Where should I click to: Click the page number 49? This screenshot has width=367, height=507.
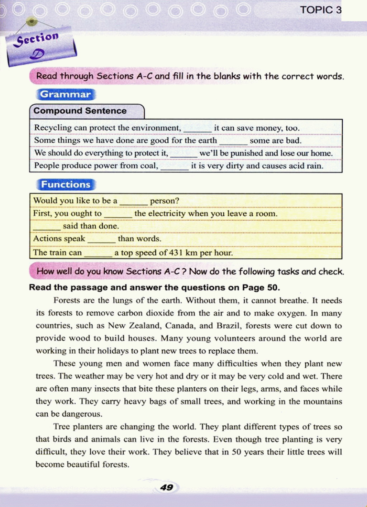click(167, 487)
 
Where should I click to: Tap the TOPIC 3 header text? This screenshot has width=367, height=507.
click(321, 10)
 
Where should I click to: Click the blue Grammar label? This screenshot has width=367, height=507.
click(66, 94)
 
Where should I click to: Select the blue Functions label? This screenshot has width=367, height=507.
click(66, 185)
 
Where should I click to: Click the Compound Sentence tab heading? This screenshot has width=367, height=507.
click(80, 111)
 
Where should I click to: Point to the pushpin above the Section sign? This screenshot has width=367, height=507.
click(32, 21)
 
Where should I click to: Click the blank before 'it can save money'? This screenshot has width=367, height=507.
click(197, 129)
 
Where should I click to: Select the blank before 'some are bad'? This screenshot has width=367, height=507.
click(233, 142)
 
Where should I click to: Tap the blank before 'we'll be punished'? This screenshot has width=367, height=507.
click(184, 154)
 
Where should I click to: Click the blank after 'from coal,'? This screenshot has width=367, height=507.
click(175, 167)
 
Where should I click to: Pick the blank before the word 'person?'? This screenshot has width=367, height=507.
click(134, 202)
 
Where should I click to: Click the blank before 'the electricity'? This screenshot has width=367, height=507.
click(118, 214)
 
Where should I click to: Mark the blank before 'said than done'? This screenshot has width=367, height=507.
click(47, 227)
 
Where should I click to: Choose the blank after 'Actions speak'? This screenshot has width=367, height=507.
click(101, 239)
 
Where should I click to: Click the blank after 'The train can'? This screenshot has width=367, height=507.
click(98, 254)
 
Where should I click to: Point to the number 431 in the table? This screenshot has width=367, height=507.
click(176, 253)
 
